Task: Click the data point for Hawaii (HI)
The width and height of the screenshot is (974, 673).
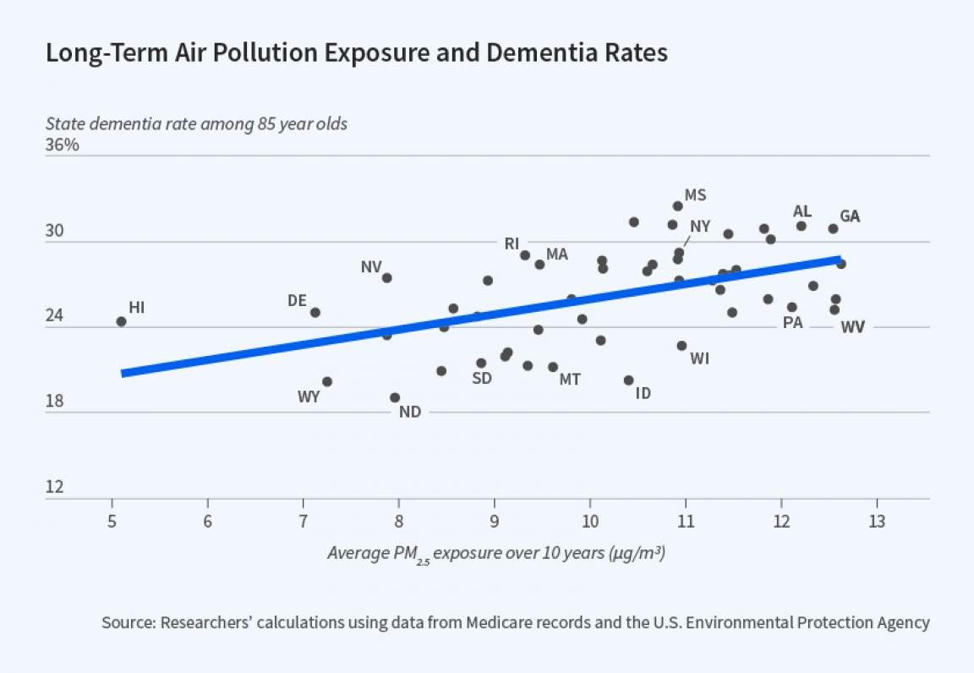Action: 121,321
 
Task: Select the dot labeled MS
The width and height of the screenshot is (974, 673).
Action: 677,206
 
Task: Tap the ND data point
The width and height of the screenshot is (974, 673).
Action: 395,397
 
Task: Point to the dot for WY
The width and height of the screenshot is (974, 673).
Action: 327,381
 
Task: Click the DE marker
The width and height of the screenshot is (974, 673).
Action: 315,312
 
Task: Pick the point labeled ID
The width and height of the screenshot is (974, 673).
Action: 628,380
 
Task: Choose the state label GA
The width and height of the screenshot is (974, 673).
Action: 850,216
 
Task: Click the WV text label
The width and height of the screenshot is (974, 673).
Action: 852,327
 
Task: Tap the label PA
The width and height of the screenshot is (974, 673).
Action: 792,322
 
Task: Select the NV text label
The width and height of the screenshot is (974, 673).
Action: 371,267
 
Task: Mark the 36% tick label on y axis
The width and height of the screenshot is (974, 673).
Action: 62,145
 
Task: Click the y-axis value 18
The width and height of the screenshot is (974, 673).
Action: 55,401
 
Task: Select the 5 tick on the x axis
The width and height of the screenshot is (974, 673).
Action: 112,521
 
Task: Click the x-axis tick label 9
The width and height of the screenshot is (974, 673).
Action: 495,521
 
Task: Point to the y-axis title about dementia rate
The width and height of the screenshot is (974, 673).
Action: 196,123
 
